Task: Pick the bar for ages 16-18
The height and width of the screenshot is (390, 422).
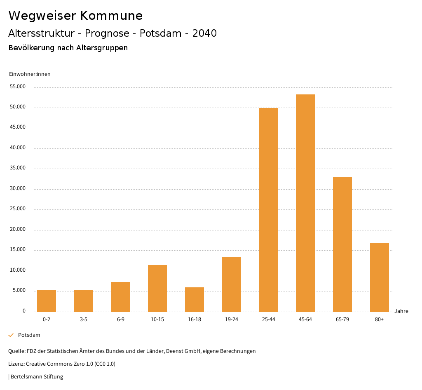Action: point(195,299)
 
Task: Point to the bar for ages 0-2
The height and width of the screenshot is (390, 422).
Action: point(47,301)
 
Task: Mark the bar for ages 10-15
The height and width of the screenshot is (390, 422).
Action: point(157,288)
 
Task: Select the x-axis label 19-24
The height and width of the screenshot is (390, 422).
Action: point(232,320)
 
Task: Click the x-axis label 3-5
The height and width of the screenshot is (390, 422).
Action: point(84,320)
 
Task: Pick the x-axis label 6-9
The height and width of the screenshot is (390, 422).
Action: point(121,320)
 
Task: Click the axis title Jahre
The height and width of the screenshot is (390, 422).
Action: point(401,311)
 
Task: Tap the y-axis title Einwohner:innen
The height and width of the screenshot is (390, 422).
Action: point(30,74)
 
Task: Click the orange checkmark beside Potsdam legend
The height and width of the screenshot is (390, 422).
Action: point(11,335)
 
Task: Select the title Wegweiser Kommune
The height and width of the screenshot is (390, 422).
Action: point(75,16)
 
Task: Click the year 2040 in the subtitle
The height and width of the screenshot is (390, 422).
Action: point(204,33)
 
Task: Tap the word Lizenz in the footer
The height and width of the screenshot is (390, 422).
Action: point(16,364)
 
